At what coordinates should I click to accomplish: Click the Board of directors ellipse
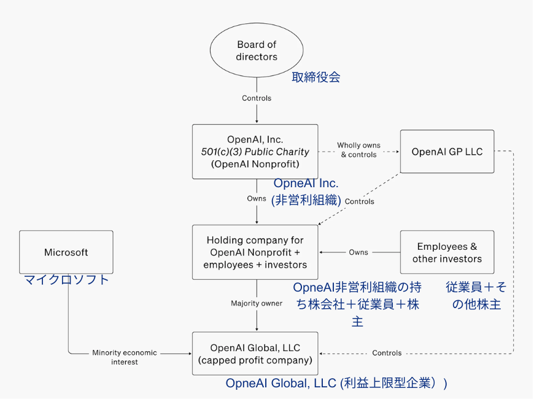[x=257, y=50]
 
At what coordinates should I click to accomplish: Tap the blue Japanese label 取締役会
[x=315, y=77]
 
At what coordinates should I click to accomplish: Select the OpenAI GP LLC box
[x=447, y=152]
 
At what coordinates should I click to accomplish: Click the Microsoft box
[x=66, y=252]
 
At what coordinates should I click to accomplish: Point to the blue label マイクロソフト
[x=66, y=279]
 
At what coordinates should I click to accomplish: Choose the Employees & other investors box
[x=447, y=252]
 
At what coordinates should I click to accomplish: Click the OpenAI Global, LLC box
[x=255, y=354]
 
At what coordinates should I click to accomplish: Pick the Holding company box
[x=255, y=252]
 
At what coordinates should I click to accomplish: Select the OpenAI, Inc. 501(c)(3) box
[x=255, y=152]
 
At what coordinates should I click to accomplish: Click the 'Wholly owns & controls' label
[x=358, y=150]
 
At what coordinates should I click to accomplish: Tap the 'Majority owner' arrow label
[x=257, y=303]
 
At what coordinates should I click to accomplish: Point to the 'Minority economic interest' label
[x=125, y=357]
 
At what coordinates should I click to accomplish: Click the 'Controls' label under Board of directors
[x=257, y=98]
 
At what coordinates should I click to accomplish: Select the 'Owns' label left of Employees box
[x=358, y=252]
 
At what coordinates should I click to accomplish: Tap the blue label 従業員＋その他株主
[x=476, y=295]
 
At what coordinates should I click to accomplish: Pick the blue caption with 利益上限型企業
[x=336, y=383]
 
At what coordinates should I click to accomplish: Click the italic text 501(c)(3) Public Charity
[x=255, y=152]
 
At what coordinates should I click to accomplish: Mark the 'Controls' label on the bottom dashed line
[x=387, y=353]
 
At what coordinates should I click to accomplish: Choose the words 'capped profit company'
[x=255, y=360]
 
